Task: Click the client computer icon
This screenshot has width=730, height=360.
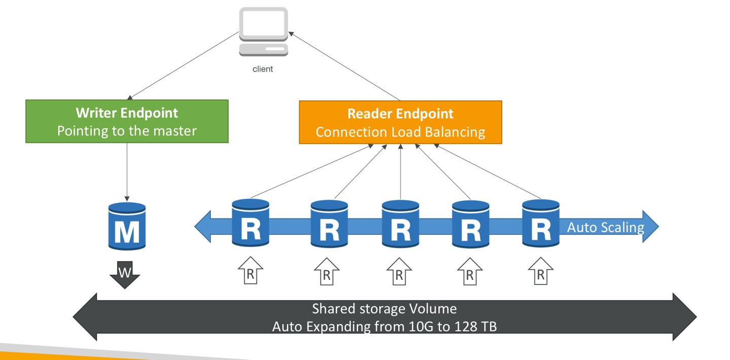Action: point(263,30)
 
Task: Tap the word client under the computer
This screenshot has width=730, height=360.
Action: point(263,69)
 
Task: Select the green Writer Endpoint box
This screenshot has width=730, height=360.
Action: point(127,121)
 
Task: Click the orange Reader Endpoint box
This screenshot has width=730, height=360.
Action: point(400,122)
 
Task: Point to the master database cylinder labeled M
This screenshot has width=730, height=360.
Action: point(127,226)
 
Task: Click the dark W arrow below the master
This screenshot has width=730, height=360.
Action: point(125,274)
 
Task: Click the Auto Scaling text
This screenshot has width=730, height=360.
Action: point(605,227)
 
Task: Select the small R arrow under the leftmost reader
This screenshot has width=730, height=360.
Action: point(250,271)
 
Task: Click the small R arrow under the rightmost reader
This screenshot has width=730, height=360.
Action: point(541,271)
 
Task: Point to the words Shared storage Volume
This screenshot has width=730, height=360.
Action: point(384,309)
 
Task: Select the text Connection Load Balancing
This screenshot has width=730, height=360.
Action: point(400,132)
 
